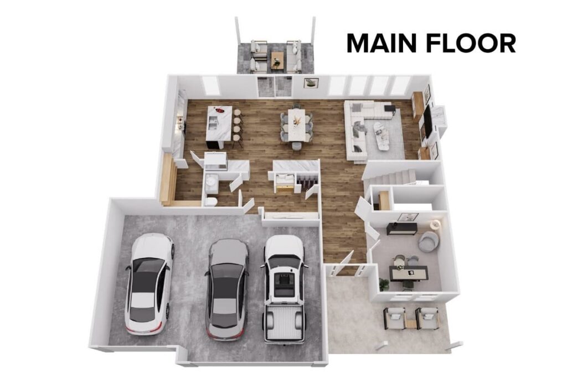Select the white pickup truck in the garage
pyautogui.click(x=283, y=288)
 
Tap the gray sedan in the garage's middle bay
pyautogui.click(x=226, y=288)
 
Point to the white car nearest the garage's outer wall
pyautogui.click(x=148, y=282)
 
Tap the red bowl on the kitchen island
pyautogui.click(x=220, y=110)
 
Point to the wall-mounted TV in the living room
pyautogui.click(x=428, y=122)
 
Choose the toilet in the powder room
pyautogui.click(x=210, y=201)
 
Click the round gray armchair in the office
pyautogui.click(x=428, y=241)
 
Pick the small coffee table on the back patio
pyautogui.click(x=277, y=58)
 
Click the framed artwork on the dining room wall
pyautogui.click(x=311, y=83)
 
